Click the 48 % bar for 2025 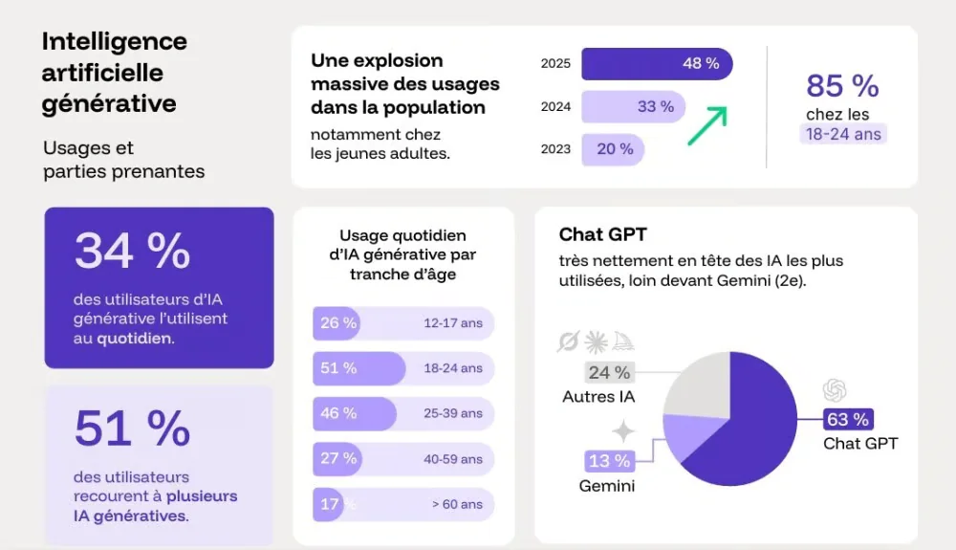[657, 64]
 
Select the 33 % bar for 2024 [633, 107]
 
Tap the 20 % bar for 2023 [613, 149]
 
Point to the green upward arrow [707, 125]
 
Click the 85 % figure [842, 86]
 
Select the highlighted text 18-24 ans [842, 135]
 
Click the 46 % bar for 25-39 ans [354, 413]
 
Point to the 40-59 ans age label [453, 459]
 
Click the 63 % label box [848, 420]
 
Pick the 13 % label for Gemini [609, 461]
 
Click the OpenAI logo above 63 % [835, 390]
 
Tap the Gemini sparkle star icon [623, 431]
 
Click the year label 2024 [555, 107]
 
